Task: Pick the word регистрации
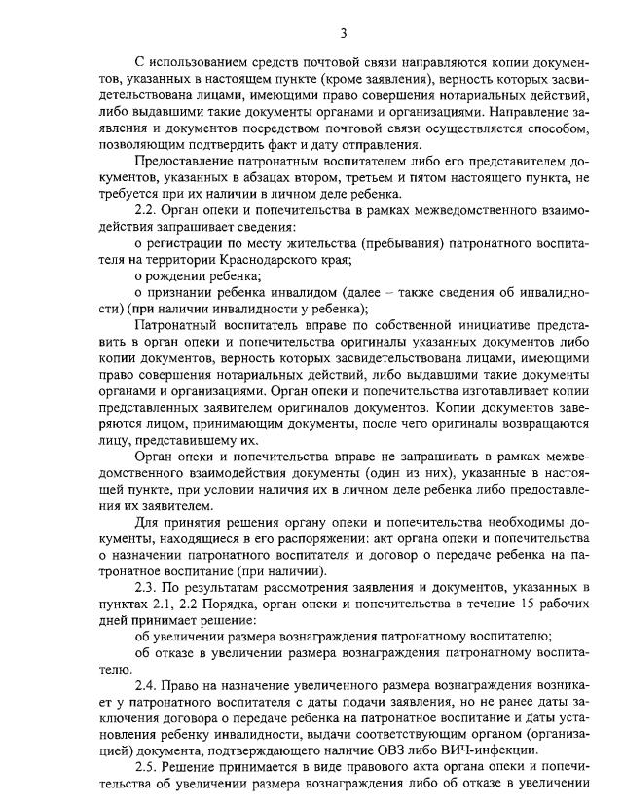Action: point(193,248)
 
